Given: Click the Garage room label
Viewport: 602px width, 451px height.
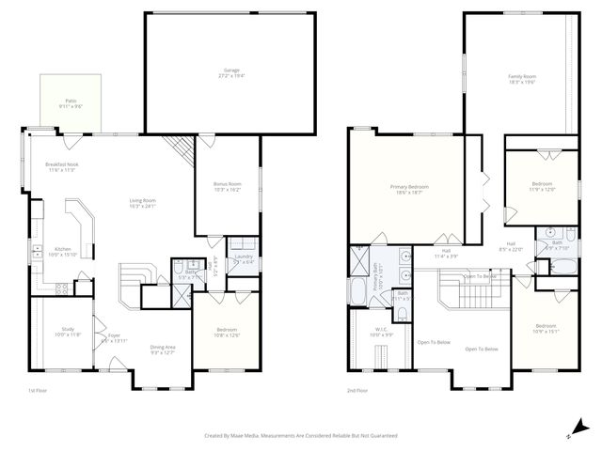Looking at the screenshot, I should coord(230,71).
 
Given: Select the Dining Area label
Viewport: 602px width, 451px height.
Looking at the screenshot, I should coord(163,350).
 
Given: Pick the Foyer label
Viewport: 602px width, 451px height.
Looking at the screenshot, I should coord(113,337).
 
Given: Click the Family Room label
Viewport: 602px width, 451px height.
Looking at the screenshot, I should coord(522,79).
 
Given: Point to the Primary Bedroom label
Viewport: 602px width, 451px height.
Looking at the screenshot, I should coord(409,189).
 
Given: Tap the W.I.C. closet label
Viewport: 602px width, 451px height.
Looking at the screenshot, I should coord(380,333).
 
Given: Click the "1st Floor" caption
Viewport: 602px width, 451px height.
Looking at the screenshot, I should coord(38,391).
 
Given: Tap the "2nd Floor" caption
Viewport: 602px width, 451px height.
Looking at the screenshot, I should coord(356,391).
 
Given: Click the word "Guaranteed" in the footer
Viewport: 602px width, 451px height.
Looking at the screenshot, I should coord(381,435).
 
